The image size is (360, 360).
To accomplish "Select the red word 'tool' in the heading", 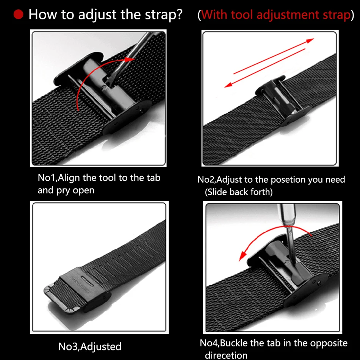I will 242,15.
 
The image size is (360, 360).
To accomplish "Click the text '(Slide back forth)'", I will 239,192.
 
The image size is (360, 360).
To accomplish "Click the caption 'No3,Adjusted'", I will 90,346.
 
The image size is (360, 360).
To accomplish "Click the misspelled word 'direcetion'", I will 226,355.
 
